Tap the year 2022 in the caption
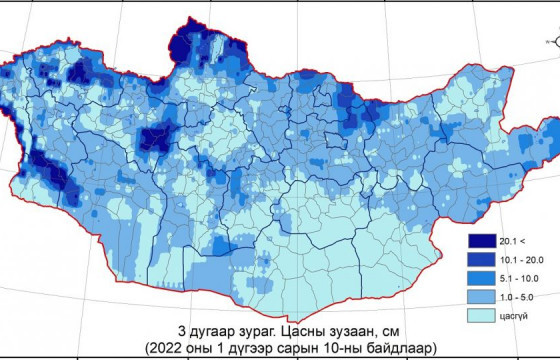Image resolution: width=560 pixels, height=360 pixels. coord(165,348)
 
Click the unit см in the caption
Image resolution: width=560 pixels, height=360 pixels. coord(373,331)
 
